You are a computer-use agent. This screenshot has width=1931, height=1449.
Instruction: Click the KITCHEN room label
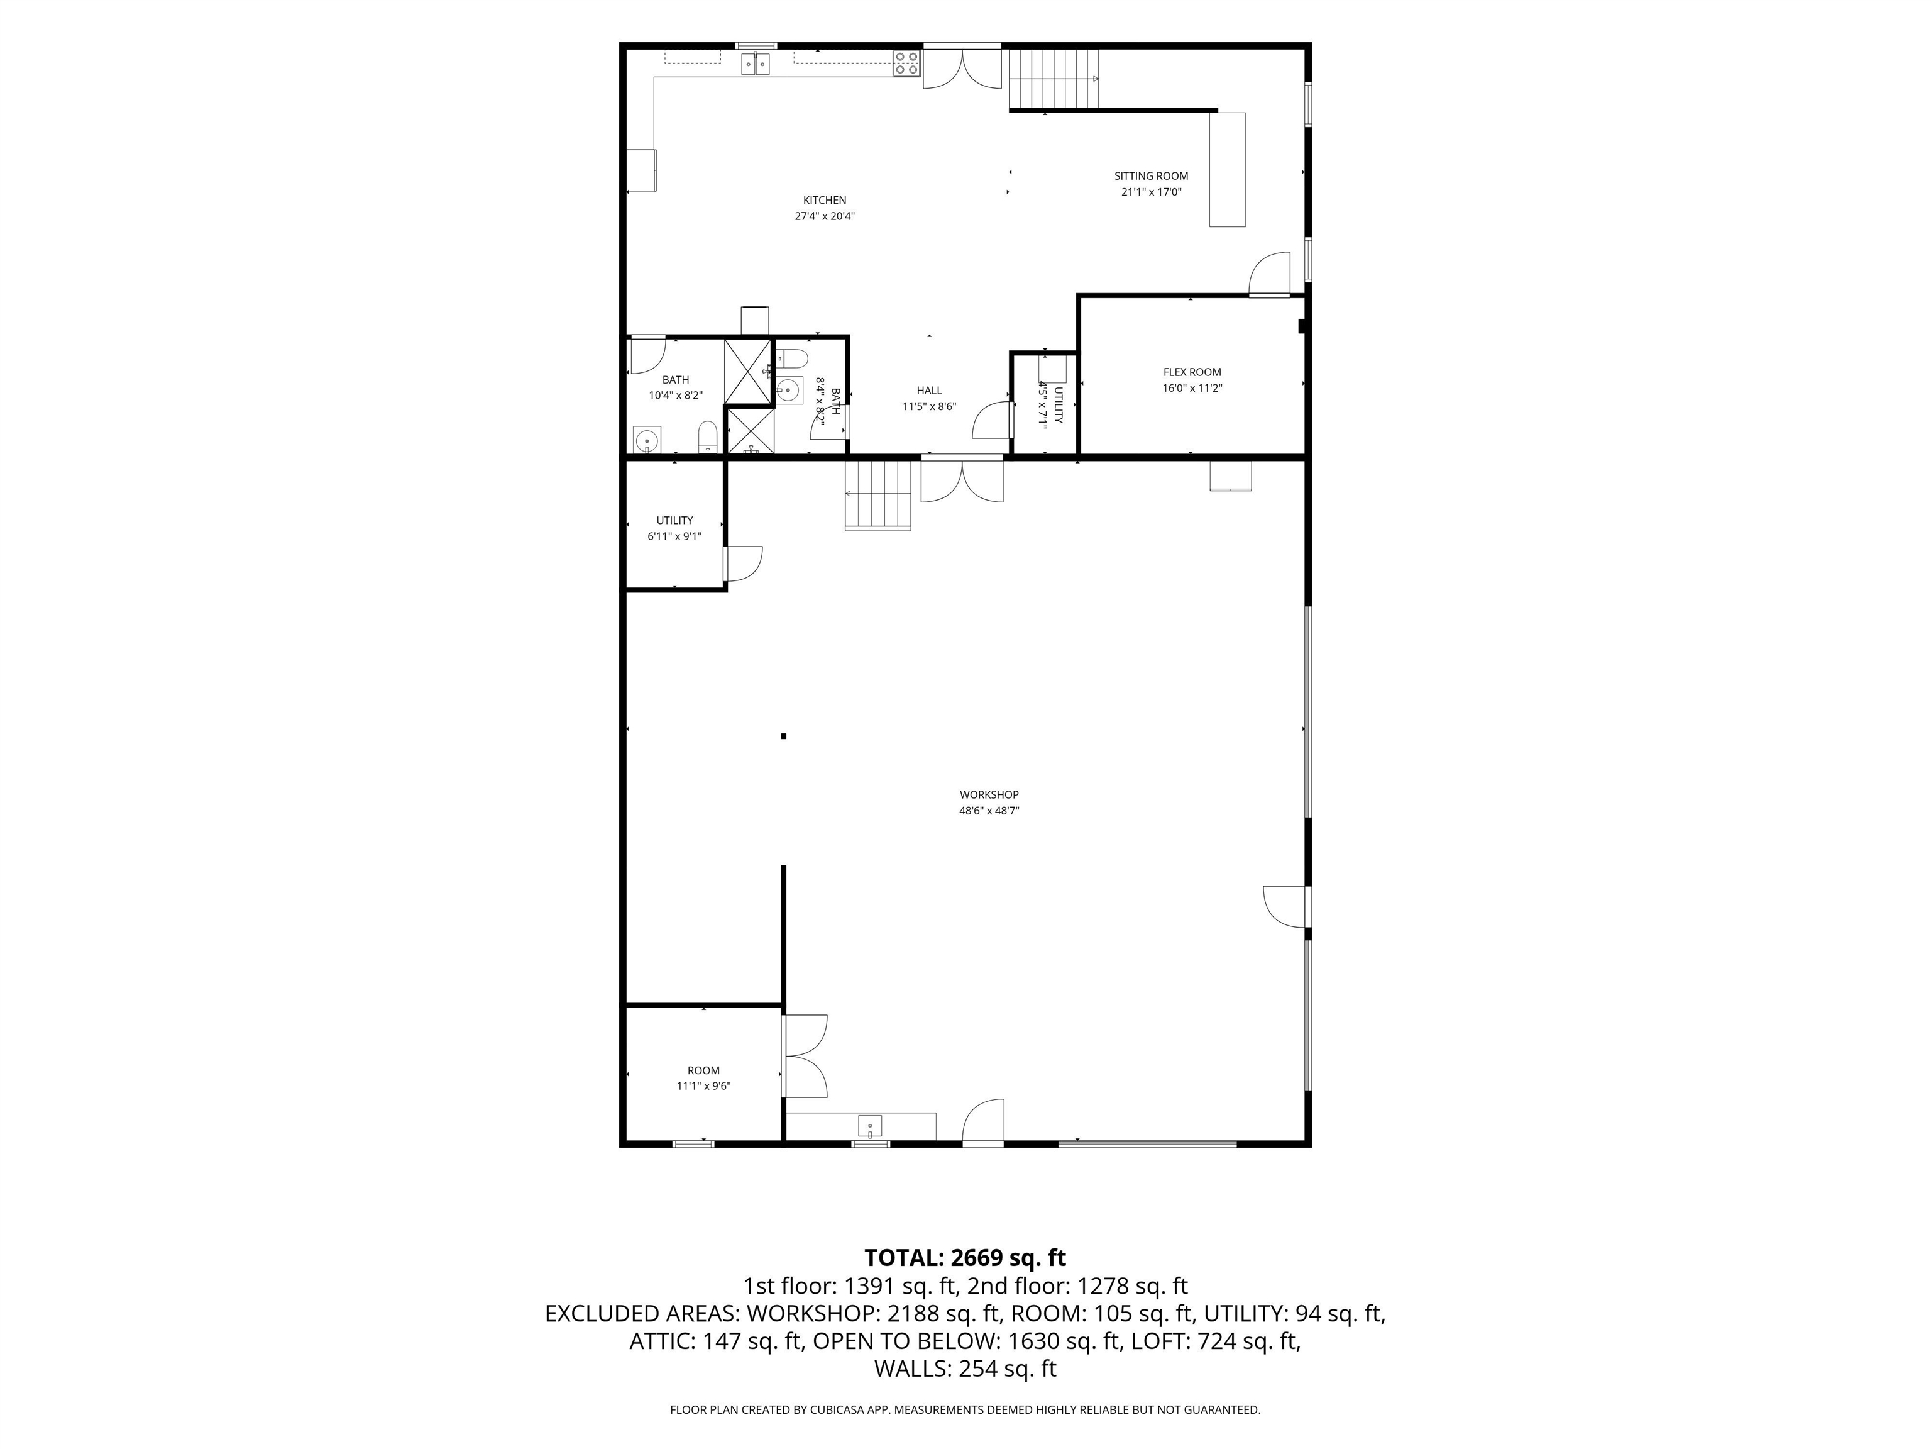824,200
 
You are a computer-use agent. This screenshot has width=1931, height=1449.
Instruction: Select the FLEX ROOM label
1192,372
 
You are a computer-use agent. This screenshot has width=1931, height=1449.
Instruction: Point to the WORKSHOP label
989,795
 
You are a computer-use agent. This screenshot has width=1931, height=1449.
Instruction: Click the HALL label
929,391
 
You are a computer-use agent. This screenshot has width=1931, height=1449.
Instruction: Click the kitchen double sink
756,64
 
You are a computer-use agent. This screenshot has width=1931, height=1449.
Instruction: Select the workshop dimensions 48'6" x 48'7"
989,811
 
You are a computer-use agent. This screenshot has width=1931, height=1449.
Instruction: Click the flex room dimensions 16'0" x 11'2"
1192,389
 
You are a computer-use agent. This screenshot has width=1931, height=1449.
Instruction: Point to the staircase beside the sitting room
1054,79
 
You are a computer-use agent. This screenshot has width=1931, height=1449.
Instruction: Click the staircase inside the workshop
877,494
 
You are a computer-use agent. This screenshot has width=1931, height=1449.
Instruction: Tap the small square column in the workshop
784,736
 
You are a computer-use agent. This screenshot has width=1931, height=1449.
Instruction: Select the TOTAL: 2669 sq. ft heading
965,1258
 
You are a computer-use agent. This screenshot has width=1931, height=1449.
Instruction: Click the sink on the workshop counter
869,1126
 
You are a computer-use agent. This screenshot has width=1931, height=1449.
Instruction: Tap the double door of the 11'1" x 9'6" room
805,1056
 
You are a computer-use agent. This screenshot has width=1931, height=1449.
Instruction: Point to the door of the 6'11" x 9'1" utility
743,563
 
